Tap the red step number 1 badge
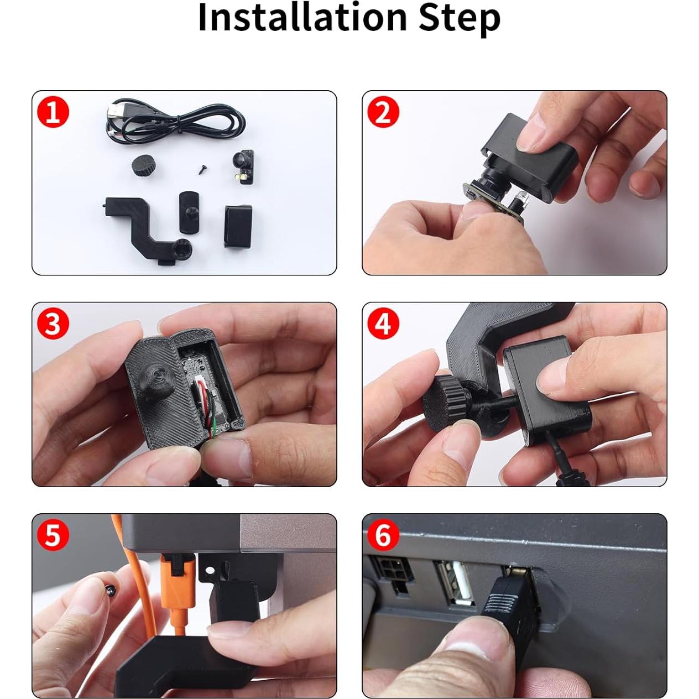pos(53,112)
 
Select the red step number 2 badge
pos(383,112)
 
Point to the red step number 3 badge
pos(53,324)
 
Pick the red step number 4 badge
pos(383,324)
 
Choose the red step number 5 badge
pos(53,535)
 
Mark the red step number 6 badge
pos(383,535)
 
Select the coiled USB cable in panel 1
pos(177,122)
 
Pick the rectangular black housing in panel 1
pos(238,225)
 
